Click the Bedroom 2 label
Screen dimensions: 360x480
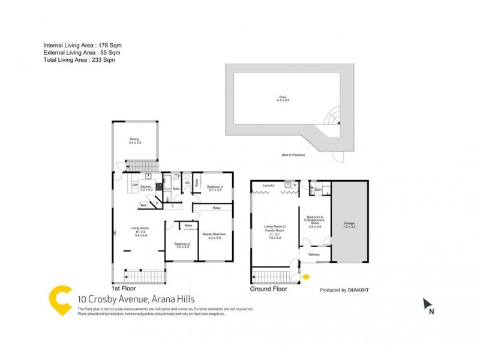pyautogui.click(x=182, y=245)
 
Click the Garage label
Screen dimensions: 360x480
pyautogui.click(x=349, y=223)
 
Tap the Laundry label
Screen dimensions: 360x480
pyautogui.click(x=269, y=185)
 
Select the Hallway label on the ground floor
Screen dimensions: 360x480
pyautogui.click(x=314, y=254)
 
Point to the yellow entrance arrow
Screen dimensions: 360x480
pyautogui.click(x=306, y=277)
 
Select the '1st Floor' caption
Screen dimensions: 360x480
pyautogui.click(x=124, y=289)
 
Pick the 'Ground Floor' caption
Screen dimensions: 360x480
pyautogui.click(x=268, y=289)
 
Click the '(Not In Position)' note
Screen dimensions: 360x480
pyautogui.click(x=293, y=155)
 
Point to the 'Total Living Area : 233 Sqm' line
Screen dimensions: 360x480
pyautogui.click(x=79, y=60)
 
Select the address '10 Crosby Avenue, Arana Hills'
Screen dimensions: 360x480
pyautogui.click(x=136, y=299)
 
